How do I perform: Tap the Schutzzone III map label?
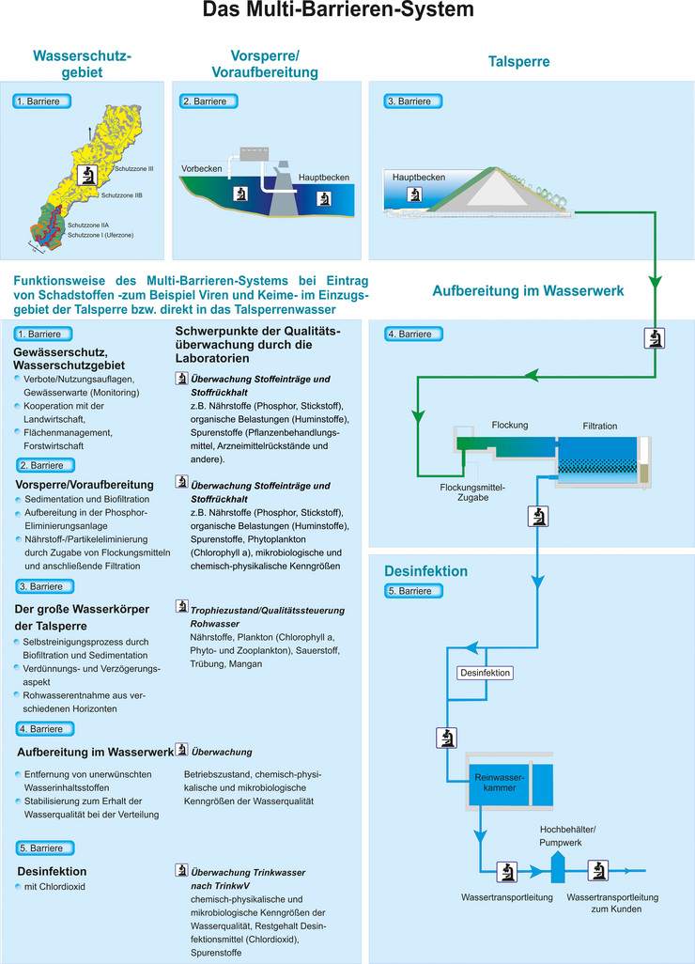point(134,169)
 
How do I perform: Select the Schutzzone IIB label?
point(121,195)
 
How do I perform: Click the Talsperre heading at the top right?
point(518,62)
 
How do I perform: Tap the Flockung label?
point(510,425)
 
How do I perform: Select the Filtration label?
point(599,426)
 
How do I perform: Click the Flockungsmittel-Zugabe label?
point(473,493)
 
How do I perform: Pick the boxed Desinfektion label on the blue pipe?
point(484,674)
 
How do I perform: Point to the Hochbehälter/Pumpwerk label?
point(569,836)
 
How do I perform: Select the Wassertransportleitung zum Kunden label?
point(605,903)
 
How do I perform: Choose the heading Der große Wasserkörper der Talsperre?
point(82,617)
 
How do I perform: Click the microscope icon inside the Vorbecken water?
point(239,194)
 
